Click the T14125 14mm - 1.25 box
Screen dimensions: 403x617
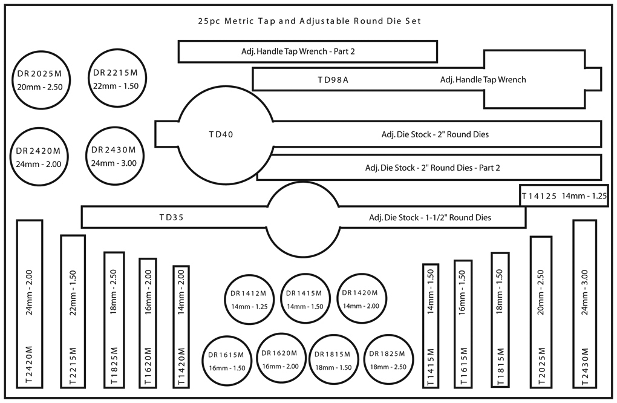564,195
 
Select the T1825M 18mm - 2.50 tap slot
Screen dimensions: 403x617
114,319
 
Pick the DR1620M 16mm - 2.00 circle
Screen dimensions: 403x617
279,359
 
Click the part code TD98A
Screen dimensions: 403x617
333,79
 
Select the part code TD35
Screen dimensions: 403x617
171,217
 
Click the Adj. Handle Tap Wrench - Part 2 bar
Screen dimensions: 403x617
307,51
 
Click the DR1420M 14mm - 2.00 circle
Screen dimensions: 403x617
361,299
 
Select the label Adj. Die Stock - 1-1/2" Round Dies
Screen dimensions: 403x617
429,217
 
